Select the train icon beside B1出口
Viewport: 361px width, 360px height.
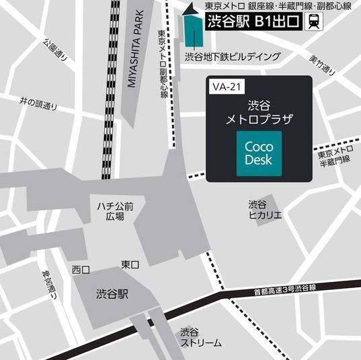(x=313, y=22)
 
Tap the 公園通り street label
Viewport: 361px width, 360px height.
(x=56, y=50)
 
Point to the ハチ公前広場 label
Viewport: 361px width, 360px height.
(x=115, y=211)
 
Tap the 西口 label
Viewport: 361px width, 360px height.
(x=81, y=269)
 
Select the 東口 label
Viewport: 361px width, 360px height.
(x=130, y=265)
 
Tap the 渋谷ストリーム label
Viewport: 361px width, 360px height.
(x=200, y=337)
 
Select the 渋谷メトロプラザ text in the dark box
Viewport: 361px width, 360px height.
(x=259, y=112)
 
